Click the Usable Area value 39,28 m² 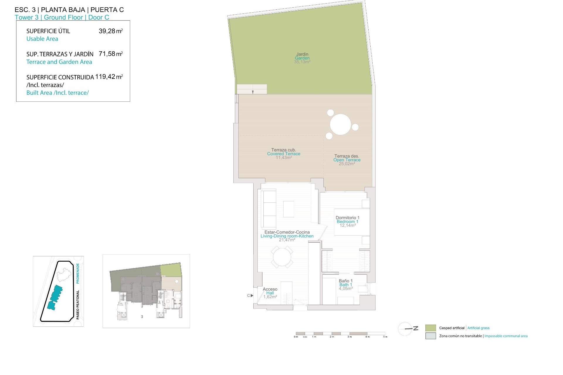111,31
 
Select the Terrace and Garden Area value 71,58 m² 111,54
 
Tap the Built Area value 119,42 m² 109,77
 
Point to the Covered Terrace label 284,154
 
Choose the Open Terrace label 347,160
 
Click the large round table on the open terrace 340,124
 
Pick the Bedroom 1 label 347,221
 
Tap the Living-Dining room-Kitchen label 287,236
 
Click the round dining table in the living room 282,257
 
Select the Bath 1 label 346,284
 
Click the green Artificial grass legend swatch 430,328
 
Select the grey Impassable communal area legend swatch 430,336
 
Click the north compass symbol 408,329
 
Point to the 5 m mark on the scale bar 385,337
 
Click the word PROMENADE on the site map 78,273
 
